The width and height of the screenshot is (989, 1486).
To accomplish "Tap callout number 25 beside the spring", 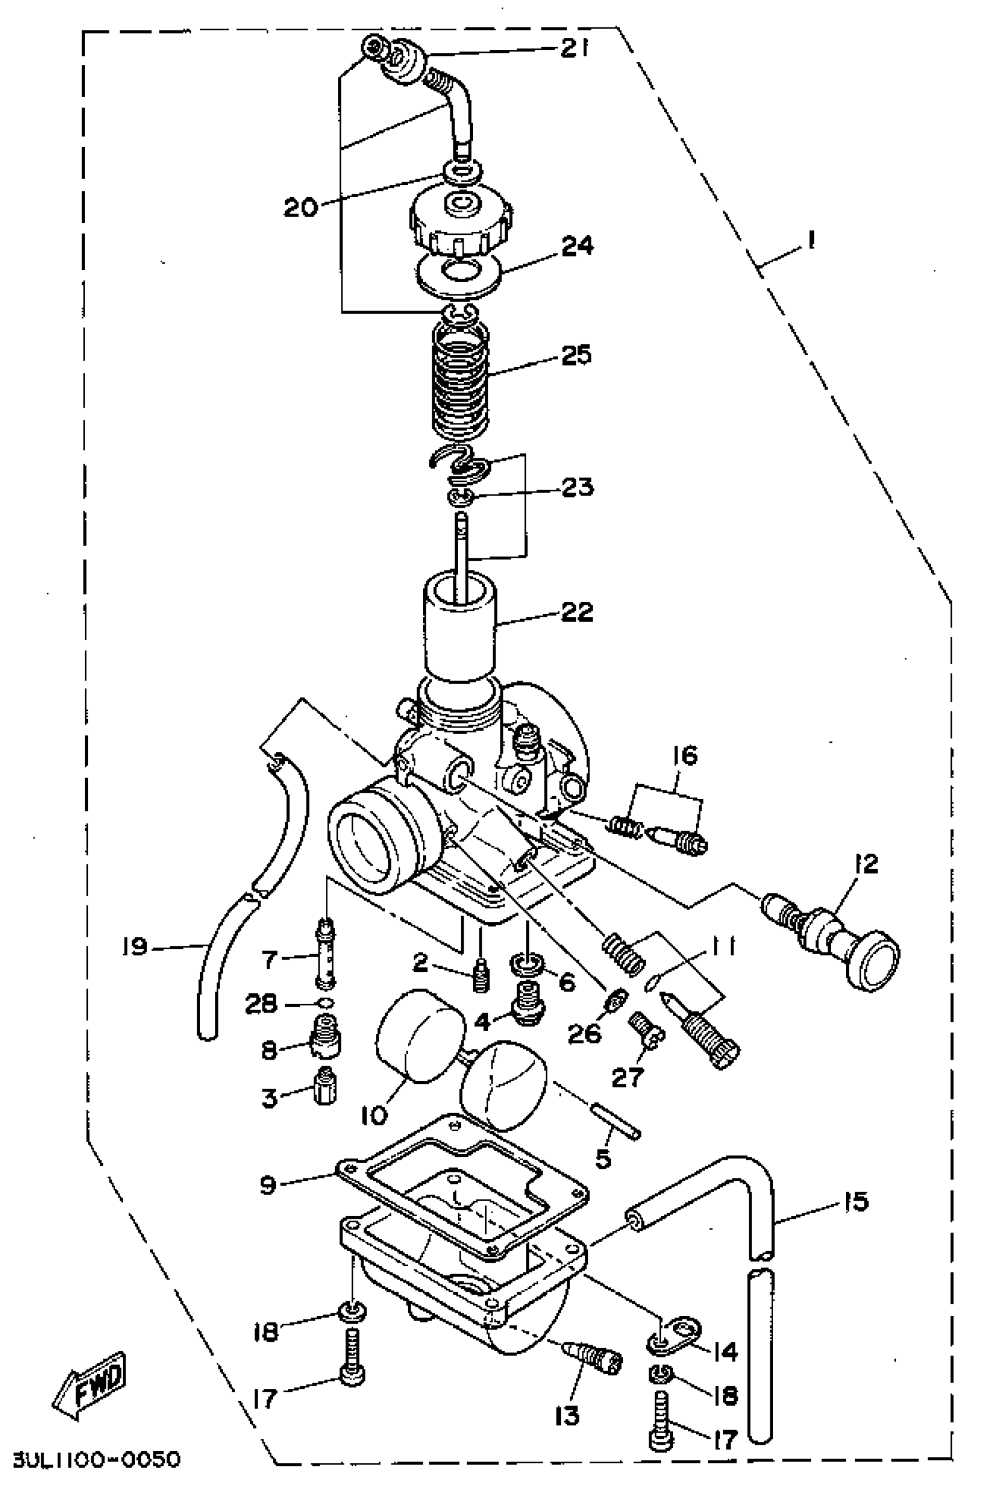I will tap(575, 355).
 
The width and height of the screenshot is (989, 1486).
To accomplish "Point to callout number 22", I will tap(575, 611).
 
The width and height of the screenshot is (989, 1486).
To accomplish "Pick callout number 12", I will tap(867, 864).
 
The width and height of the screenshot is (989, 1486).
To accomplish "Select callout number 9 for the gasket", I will tap(268, 1185).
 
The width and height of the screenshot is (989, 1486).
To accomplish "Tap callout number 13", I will tap(567, 1416).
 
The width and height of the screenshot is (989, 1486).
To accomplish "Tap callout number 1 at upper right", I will tap(811, 240).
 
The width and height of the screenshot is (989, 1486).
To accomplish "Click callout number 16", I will tap(686, 756).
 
